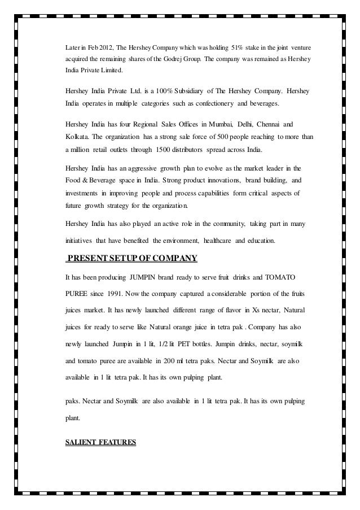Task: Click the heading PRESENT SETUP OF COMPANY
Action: tap(132, 259)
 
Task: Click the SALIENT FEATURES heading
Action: tap(100, 443)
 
